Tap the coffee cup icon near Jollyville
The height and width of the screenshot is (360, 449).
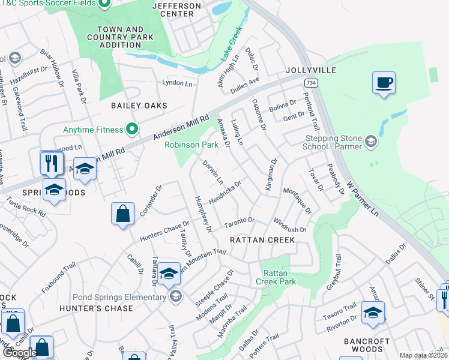pyautogui.click(x=384, y=83)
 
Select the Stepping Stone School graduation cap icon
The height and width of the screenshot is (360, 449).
pyautogui.click(x=371, y=142)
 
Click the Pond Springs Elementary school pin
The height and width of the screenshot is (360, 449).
pyautogui.click(x=175, y=296)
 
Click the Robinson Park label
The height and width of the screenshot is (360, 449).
pyautogui.click(x=191, y=145)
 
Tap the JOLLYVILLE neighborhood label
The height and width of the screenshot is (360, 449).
pyautogui.click(x=311, y=70)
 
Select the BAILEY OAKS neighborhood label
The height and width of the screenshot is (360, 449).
pyautogui.click(x=139, y=106)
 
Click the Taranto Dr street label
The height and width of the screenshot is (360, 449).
pyautogui.click(x=240, y=223)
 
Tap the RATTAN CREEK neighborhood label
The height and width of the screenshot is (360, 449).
pyautogui.click(x=262, y=240)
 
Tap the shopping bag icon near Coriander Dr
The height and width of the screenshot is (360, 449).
pyautogui.click(x=122, y=214)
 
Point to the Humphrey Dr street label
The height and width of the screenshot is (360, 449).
pyautogui.click(x=202, y=213)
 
